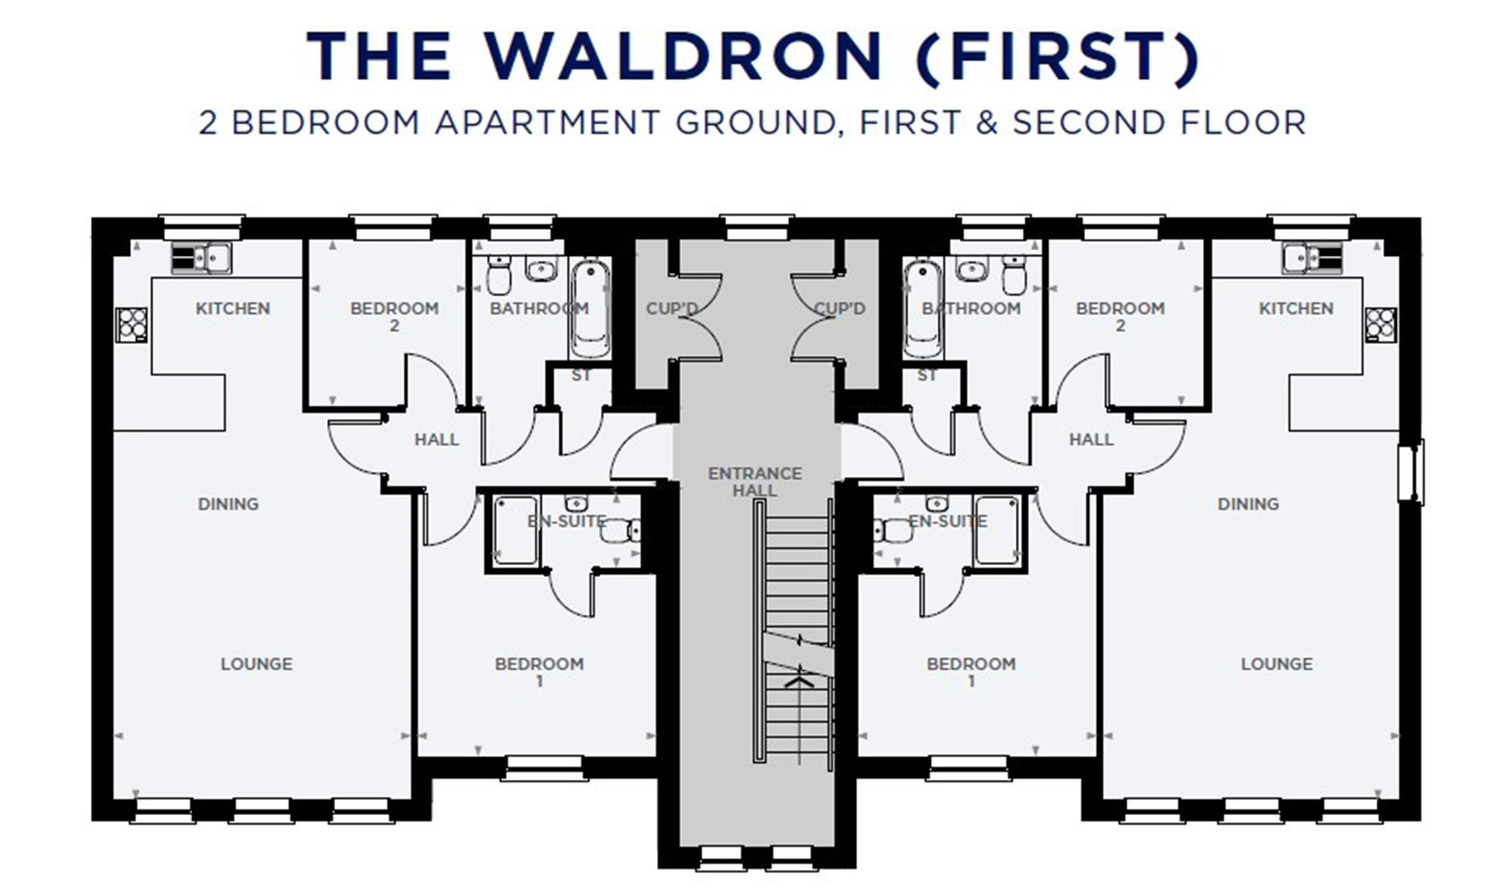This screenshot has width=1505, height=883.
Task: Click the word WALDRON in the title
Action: pos(683,56)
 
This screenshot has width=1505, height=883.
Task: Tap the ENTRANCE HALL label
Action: pos(755,482)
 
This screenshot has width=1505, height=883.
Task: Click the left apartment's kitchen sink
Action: pos(201,258)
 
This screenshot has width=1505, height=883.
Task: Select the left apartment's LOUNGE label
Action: pos(256,664)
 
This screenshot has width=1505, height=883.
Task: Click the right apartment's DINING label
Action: pos(1247,504)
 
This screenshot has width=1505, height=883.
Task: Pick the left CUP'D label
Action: pos(672,309)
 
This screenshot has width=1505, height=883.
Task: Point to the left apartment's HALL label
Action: pos(436,440)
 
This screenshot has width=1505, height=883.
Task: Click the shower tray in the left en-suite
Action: pos(516,530)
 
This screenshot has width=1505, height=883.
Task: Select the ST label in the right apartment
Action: pos(926,376)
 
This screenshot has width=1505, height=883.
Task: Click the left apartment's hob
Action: pos(132,324)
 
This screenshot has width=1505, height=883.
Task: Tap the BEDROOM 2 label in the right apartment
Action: pos(1119,316)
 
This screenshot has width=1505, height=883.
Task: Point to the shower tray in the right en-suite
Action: pos(997,530)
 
